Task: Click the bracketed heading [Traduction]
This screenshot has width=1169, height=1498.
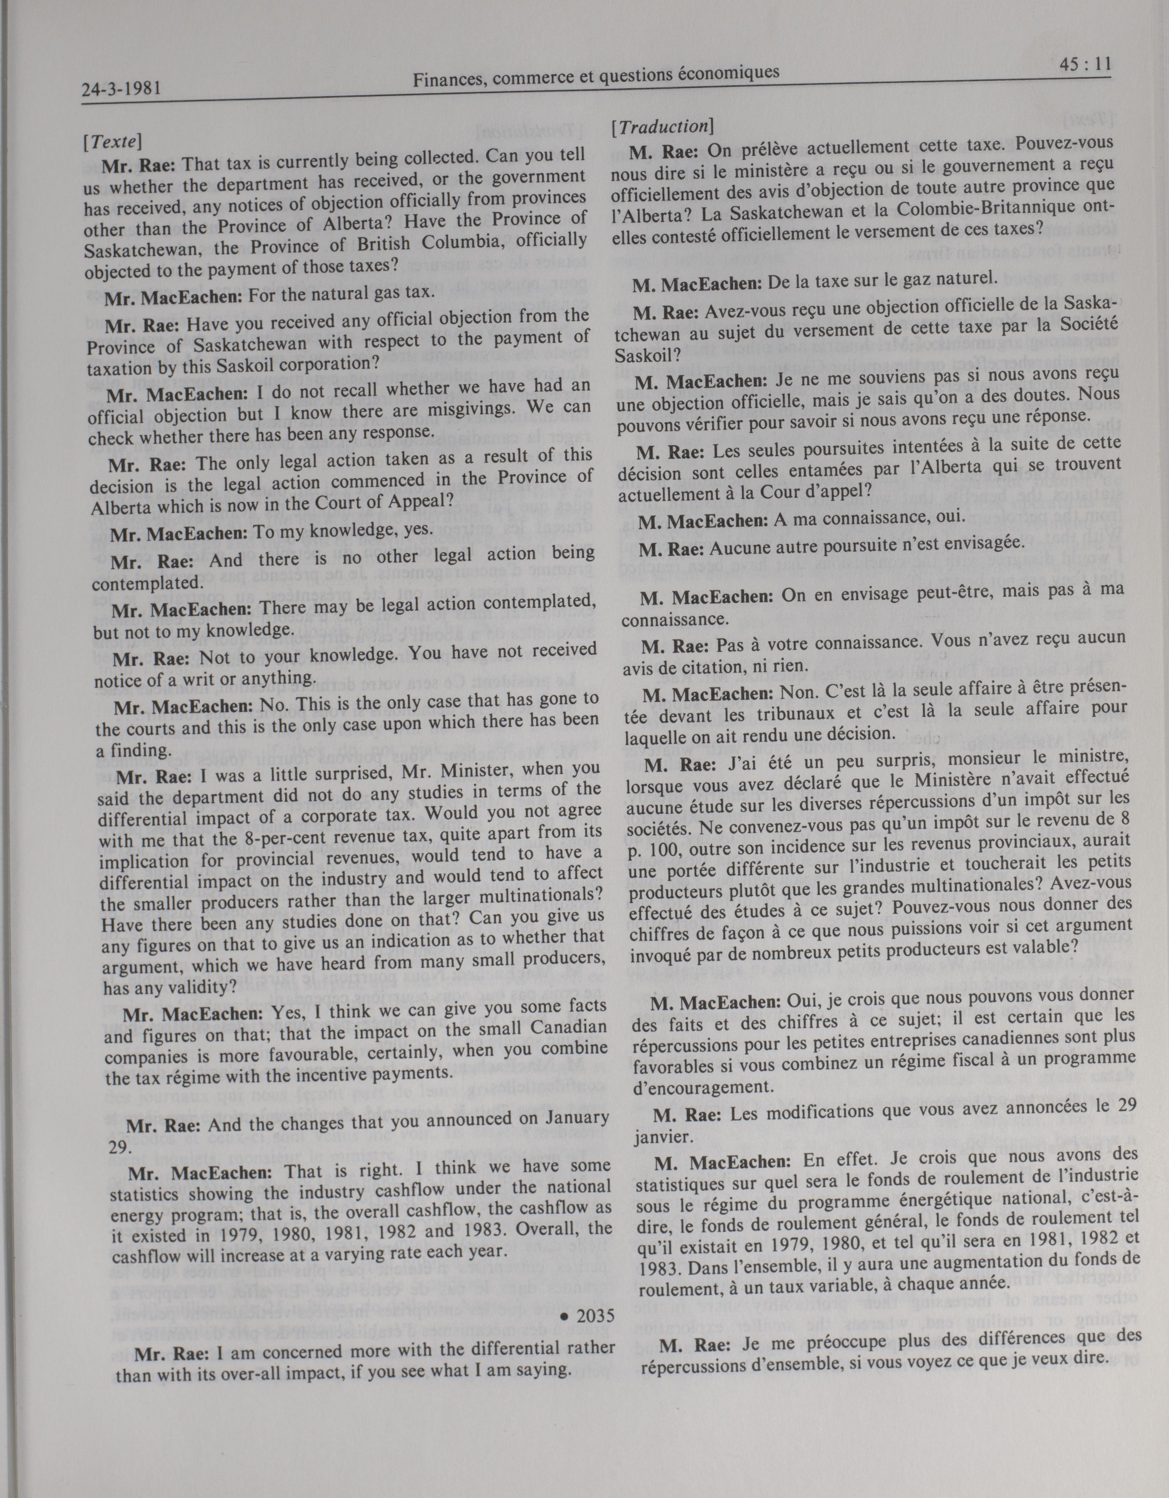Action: click(x=662, y=127)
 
